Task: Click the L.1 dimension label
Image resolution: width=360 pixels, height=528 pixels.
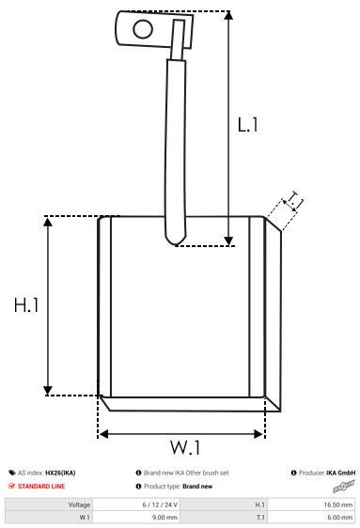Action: tap(247, 125)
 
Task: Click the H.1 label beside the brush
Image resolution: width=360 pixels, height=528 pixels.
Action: tap(26, 306)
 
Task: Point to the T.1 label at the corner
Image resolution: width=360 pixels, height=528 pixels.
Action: tap(295, 200)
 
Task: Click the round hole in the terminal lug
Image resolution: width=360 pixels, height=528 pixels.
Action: tap(143, 28)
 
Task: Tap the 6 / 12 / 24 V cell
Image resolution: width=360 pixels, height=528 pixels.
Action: tap(160, 505)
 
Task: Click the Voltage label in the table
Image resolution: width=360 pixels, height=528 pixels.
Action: tap(79, 505)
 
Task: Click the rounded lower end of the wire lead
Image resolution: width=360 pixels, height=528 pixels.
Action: tap(176, 241)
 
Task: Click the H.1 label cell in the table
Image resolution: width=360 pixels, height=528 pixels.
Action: tap(260, 505)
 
